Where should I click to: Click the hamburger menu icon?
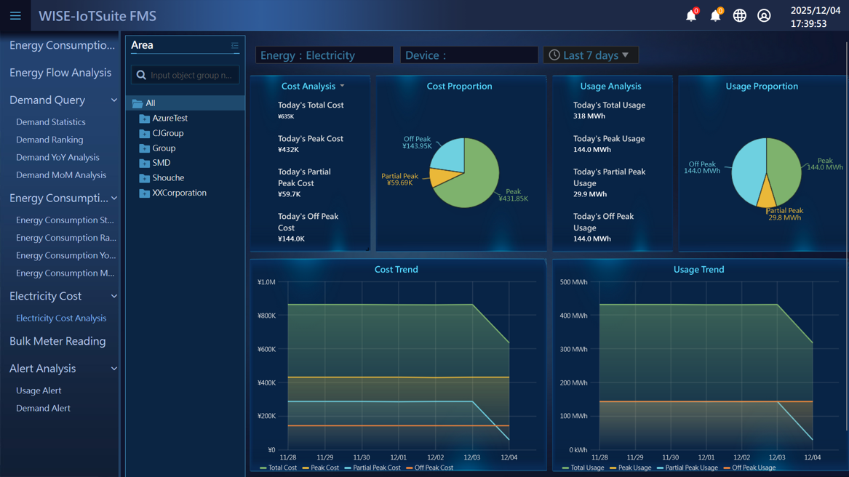15,15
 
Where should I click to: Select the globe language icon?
739,15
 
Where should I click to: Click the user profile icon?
764,15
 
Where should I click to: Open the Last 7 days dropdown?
590,55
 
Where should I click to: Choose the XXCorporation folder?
179,193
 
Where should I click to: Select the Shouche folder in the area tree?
168,177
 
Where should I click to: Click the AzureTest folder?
170,118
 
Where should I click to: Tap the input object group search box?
191,75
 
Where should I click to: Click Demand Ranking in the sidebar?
49,140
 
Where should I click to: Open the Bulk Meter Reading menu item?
57,341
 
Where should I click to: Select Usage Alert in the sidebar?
39,390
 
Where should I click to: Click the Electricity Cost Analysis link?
61,318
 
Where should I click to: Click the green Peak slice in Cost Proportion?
477,178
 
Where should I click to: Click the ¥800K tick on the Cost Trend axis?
266,316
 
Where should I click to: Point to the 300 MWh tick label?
573,349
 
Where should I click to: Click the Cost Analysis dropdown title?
312,86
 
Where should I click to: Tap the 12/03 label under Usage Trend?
776,457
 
